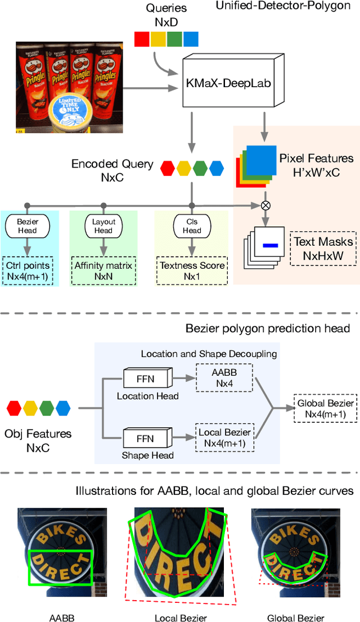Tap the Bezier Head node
(27, 226)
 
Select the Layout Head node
(103, 226)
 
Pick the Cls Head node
(191, 226)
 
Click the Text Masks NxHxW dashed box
(323, 248)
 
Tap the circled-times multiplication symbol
(265, 205)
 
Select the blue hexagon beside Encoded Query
(217, 168)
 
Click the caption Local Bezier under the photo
(181, 618)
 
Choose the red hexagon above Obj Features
(16, 407)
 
